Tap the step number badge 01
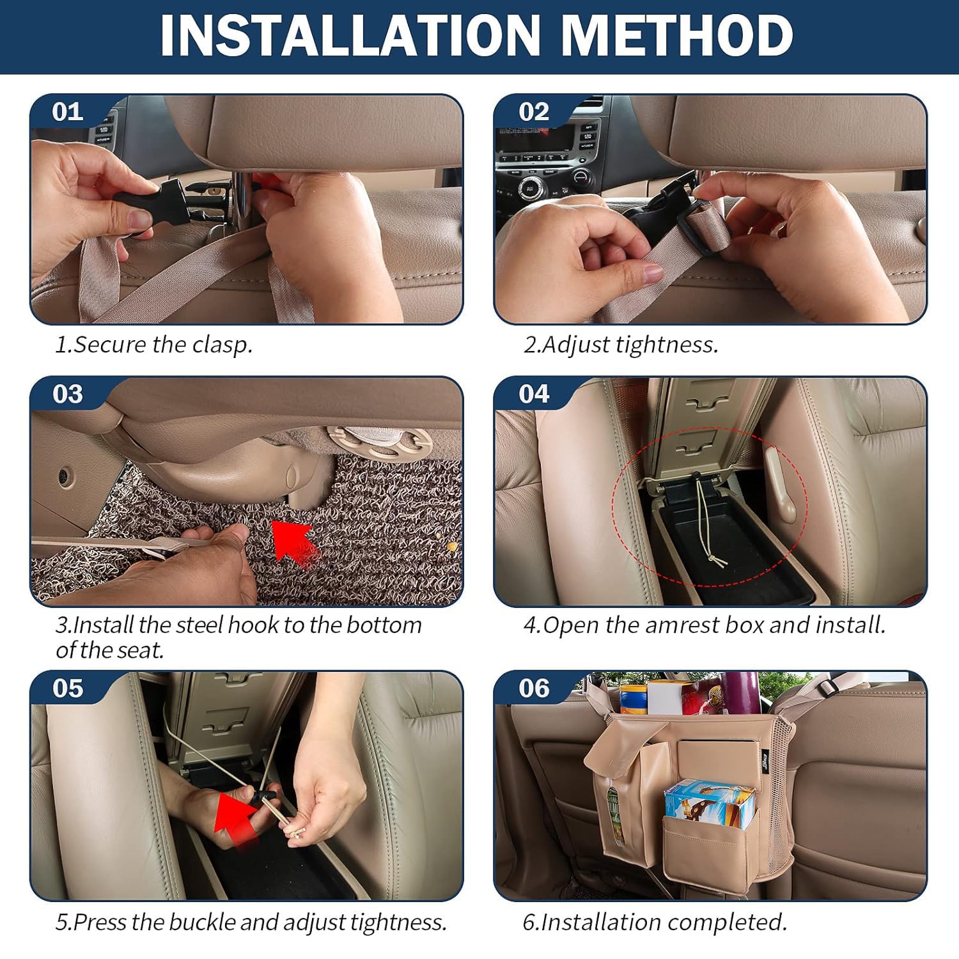point(68,112)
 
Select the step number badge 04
point(534,394)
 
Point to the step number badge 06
point(534,689)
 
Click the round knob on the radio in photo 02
point(529,188)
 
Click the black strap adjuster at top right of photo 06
point(828,688)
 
